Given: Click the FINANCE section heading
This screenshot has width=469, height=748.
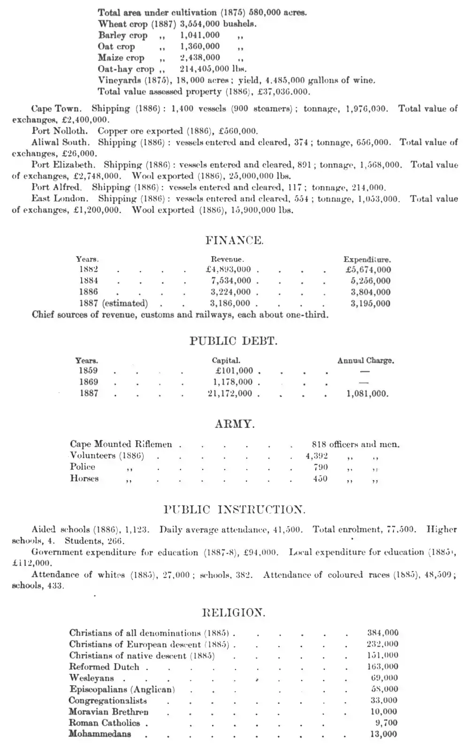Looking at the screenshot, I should [234, 241].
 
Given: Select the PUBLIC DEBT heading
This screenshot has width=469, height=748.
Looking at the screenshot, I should [234, 341].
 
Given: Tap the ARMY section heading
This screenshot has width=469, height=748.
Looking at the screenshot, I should [235, 424].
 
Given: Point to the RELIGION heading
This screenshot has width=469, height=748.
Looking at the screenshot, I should [234, 612].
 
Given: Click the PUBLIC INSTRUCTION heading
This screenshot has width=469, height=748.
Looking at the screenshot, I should [234, 510].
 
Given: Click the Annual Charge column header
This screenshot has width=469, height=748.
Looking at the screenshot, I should [365, 361].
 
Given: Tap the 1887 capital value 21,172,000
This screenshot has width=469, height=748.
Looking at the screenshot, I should [230, 394].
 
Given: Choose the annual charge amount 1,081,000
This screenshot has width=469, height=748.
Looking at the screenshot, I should [367, 394].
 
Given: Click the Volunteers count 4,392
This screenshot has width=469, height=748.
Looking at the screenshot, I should [317, 456].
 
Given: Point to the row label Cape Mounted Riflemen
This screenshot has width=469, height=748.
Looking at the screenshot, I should [121, 444].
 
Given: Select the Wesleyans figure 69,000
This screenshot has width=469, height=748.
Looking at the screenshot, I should [384, 678].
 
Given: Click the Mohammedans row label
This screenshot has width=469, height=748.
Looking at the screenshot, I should [100, 734].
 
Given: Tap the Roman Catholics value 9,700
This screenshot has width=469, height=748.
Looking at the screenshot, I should [387, 723].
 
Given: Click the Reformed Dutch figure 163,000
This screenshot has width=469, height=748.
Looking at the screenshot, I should [382, 666].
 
